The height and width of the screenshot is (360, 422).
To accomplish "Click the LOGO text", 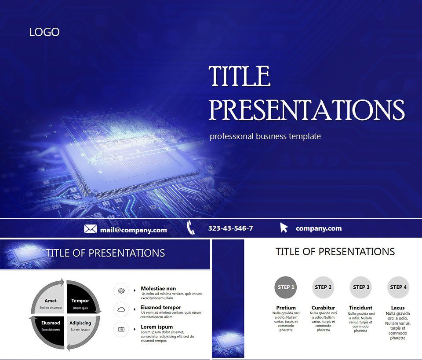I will click(x=44, y=32).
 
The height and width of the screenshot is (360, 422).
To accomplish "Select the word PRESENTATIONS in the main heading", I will click(x=306, y=110).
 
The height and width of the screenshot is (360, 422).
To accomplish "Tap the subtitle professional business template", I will click(x=265, y=136).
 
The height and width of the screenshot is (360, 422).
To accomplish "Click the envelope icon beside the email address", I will click(x=91, y=229).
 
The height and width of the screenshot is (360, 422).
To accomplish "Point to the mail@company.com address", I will click(x=133, y=230).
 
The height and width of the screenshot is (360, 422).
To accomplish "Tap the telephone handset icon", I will click(x=191, y=228).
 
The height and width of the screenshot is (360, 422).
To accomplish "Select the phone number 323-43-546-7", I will click(x=230, y=228).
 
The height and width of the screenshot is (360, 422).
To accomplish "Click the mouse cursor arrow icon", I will click(x=284, y=228).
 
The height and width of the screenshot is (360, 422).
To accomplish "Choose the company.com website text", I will click(x=318, y=228).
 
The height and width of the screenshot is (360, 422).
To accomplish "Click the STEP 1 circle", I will click(x=286, y=287).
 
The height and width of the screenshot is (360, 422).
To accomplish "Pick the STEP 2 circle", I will click(x=323, y=287).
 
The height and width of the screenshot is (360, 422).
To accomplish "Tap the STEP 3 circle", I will click(x=360, y=287).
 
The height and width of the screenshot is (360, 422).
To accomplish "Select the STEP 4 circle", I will click(x=398, y=287).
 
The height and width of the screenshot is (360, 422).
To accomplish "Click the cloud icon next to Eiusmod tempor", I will click(x=121, y=309).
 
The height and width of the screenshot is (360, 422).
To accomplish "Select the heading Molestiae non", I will click(x=158, y=289).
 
